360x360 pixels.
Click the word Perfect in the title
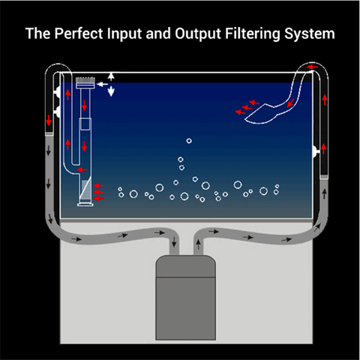click(79, 34)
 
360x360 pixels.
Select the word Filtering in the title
click(252, 34)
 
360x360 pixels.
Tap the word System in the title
click(310, 34)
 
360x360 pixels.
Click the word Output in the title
click(198, 34)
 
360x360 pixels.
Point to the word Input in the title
click(124, 34)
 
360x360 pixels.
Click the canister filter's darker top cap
click(185, 266)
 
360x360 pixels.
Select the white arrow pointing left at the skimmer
click(102, 84)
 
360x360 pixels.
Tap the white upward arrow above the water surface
click(111, 76)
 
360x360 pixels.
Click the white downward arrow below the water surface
click(111, 91)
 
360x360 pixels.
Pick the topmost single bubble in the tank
click(189, 141)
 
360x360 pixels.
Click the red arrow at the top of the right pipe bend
click(312, 67)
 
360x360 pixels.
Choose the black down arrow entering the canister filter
click(174, 241)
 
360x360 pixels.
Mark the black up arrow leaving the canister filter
click(198, 244)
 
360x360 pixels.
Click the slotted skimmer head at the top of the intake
click(85, 82)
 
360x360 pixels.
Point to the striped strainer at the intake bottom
click(86, 190)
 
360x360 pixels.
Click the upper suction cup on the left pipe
click(57, 92)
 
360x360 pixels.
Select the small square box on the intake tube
click(85, 124)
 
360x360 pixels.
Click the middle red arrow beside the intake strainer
click(98, 192)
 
